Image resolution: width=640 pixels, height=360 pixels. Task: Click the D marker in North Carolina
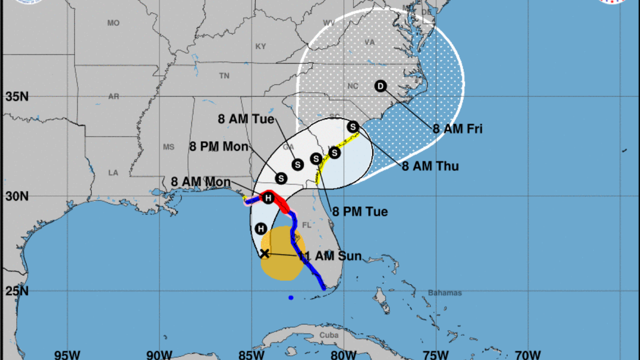pos(381,86)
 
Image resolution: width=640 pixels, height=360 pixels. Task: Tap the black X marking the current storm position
pos(264,253)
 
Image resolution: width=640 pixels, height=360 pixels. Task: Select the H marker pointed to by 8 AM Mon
pos(268,198)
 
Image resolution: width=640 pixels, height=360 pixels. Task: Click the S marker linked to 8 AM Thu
pos(353,127)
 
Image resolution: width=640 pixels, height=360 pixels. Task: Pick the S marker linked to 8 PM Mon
pos(281,178)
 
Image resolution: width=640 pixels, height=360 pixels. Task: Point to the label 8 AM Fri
pos(457,129)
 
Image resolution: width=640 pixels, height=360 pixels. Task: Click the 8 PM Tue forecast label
pos(359,212)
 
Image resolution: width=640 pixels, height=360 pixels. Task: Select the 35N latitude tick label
pos(17,97)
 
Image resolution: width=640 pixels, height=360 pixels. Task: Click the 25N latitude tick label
pos(17,291)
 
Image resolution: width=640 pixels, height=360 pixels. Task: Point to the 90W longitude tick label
pos(159,354)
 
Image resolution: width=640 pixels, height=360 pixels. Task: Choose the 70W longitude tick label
pos(528,354)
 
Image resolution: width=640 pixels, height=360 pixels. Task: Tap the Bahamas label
pos(445,293)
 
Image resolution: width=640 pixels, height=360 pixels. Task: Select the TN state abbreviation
pos(224,75)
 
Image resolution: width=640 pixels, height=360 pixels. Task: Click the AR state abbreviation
pos(113,97)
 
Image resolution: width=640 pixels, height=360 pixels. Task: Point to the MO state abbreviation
pos(113,23)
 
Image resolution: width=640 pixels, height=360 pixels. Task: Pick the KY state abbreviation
pos(260,46)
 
